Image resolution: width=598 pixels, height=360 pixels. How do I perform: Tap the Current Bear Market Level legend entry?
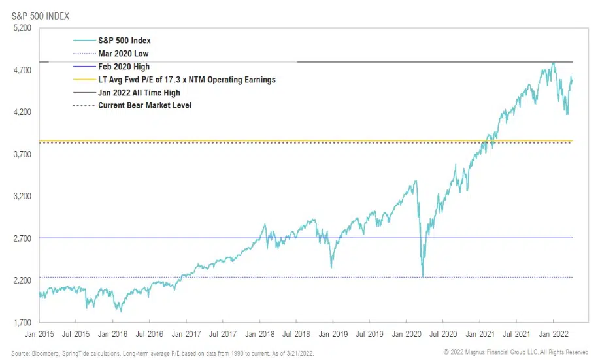coord(144,105)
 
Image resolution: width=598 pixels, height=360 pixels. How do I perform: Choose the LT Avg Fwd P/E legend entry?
coord(186,80)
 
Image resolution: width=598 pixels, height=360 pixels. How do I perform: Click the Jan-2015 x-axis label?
coord(39,333)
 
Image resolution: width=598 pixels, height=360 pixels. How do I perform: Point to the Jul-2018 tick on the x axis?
coord(296,333)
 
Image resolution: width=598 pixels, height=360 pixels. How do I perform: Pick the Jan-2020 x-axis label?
coord(407,333)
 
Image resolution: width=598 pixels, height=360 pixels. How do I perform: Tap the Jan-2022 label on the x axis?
coord(554,333)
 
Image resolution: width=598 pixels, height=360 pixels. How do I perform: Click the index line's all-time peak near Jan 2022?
coord(554,63)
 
